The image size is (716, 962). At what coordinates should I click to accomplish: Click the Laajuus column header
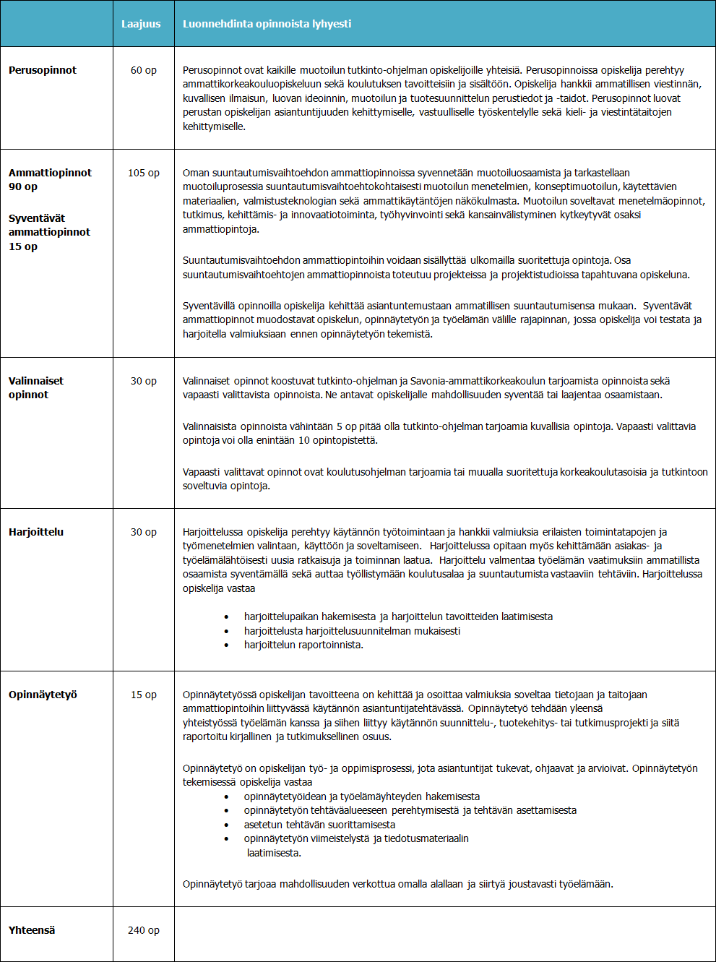141,24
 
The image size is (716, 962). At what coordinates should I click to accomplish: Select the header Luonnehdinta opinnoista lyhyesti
267,24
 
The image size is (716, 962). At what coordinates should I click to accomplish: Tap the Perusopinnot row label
43,70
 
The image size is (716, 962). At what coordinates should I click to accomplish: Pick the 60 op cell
143,70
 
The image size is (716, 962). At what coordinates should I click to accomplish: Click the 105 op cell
143,173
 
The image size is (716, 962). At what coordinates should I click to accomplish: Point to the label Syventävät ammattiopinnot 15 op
49,232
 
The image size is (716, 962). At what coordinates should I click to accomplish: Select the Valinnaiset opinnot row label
36,387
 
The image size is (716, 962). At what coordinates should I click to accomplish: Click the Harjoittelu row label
36,532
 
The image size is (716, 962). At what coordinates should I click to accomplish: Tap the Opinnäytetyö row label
43,695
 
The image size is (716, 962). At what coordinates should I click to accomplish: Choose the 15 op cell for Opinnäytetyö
143,695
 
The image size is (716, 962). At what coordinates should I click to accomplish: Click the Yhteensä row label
32,930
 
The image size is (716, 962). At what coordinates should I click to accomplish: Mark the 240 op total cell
143,930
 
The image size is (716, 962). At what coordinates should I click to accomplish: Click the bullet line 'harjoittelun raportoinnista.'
303,645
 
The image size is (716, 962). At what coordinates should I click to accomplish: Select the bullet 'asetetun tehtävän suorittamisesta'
319,825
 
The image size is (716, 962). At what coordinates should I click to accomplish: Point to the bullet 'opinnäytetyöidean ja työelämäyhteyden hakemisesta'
361,796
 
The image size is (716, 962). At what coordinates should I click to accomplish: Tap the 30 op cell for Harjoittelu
143,532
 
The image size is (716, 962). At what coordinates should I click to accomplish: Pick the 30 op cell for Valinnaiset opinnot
143,381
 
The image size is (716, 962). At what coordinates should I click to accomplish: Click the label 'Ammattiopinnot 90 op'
50,179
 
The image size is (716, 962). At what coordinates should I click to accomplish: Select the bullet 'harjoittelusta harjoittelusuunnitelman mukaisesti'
352,631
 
